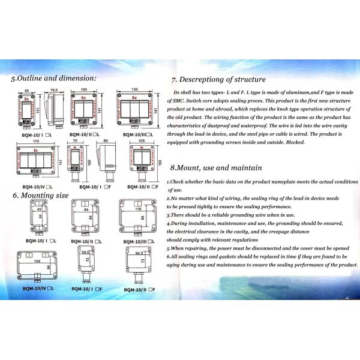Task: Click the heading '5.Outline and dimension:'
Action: tap(53, 78)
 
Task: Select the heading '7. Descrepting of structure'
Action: tap(218, 79)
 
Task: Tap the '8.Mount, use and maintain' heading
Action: tap(216, 168)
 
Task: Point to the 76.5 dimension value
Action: tap(53, 90)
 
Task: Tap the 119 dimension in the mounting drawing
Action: tap(139, 210)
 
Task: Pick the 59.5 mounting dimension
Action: tap(85, 253)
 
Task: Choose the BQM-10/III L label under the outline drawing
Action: tap(138, 135)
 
